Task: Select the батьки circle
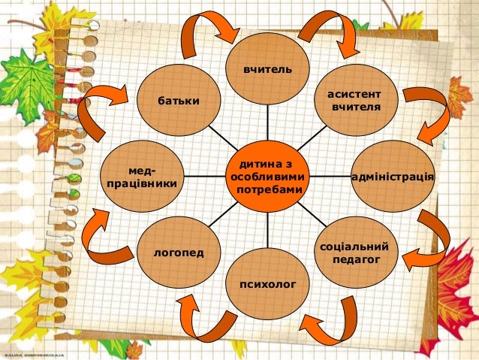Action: pyautogui.click(x=179, y=100)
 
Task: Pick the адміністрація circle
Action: pyautogui.click(x=393, y=176)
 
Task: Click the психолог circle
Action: pyautogui.click(x=268, y=283)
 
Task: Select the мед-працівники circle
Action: pyautogui.click(x=143, y=176)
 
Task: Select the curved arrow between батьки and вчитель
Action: pyautogui.click(x=203, y=34)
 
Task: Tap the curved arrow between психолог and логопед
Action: pyautogui.click(x=201, y=320)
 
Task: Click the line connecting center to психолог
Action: pyautogui.click(x=268, y=230)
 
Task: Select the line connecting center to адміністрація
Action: pyautogui.click(x=330, y=177)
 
